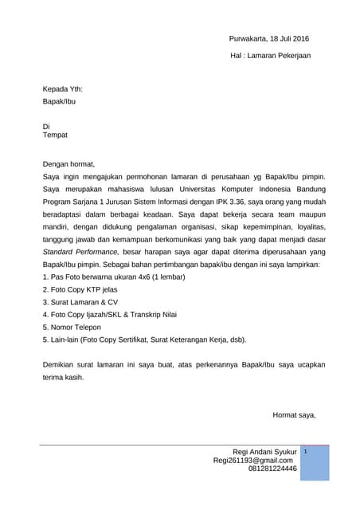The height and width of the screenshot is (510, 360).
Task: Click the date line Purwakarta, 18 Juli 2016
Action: pos(268,39)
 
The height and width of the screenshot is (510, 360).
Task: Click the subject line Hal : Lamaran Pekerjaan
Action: pos(270,56)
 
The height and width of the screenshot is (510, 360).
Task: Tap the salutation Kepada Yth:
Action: pos(63,90)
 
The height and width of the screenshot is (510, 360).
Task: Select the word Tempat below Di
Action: pos(55,135)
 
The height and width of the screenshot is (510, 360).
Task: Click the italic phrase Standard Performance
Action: pos(78,251)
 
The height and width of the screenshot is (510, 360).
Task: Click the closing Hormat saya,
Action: pos(294,414)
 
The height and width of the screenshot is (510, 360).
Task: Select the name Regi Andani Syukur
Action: pos(260,452)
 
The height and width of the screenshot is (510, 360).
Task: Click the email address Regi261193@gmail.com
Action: pos(252,461)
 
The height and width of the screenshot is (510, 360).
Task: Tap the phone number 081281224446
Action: pos(272,469)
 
